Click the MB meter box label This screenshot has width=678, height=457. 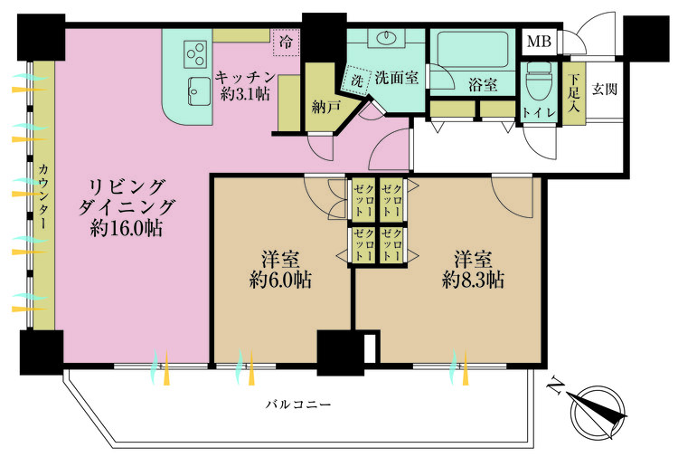539,42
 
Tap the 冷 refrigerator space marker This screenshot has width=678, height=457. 286,43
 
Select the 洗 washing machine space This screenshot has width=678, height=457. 356,80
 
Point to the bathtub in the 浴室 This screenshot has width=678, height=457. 473,50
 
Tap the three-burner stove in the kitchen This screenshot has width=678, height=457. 195,54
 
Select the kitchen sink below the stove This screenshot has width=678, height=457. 199,90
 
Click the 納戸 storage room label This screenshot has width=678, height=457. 326,107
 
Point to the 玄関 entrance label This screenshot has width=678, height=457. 605,90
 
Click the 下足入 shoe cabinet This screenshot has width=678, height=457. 574,93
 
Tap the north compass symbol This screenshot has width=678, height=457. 598,412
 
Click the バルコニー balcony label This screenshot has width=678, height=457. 298,405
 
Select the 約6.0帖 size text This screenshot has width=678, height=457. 280,280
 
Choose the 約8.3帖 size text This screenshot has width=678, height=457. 473,280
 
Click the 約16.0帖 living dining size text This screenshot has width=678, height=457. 127,228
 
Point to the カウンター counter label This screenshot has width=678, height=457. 43,195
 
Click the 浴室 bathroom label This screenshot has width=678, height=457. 483,85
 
